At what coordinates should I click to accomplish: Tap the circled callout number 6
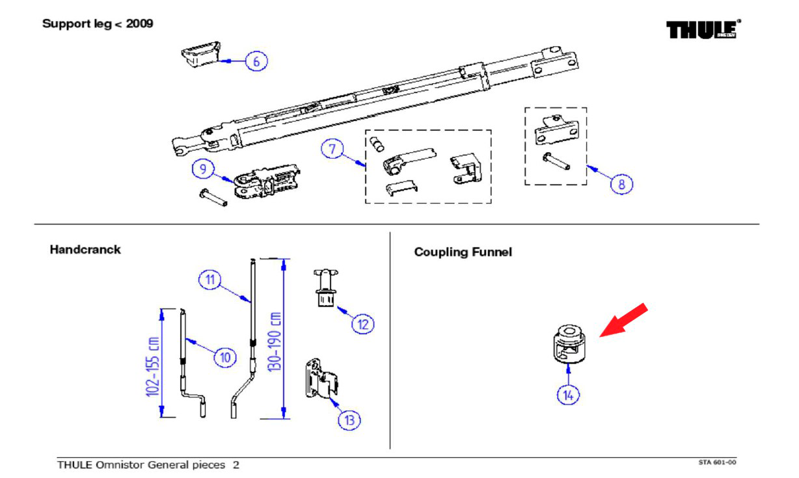coord(256,62)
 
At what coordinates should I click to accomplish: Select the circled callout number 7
coord(332,149)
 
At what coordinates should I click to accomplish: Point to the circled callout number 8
coord(621,184)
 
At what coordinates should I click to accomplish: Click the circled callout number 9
coord(203,169)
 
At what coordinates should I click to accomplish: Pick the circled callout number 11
coord(210,280)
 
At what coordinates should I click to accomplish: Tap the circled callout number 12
coord(362,323)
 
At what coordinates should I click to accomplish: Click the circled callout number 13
coord(349,419)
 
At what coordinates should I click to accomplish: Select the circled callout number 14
coord(570,394)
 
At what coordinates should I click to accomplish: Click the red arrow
coord(624,319)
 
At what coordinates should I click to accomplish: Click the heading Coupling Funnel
coord(463,252)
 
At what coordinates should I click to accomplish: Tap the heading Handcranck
coord(85,250)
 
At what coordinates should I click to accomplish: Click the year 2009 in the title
coord(139,24)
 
